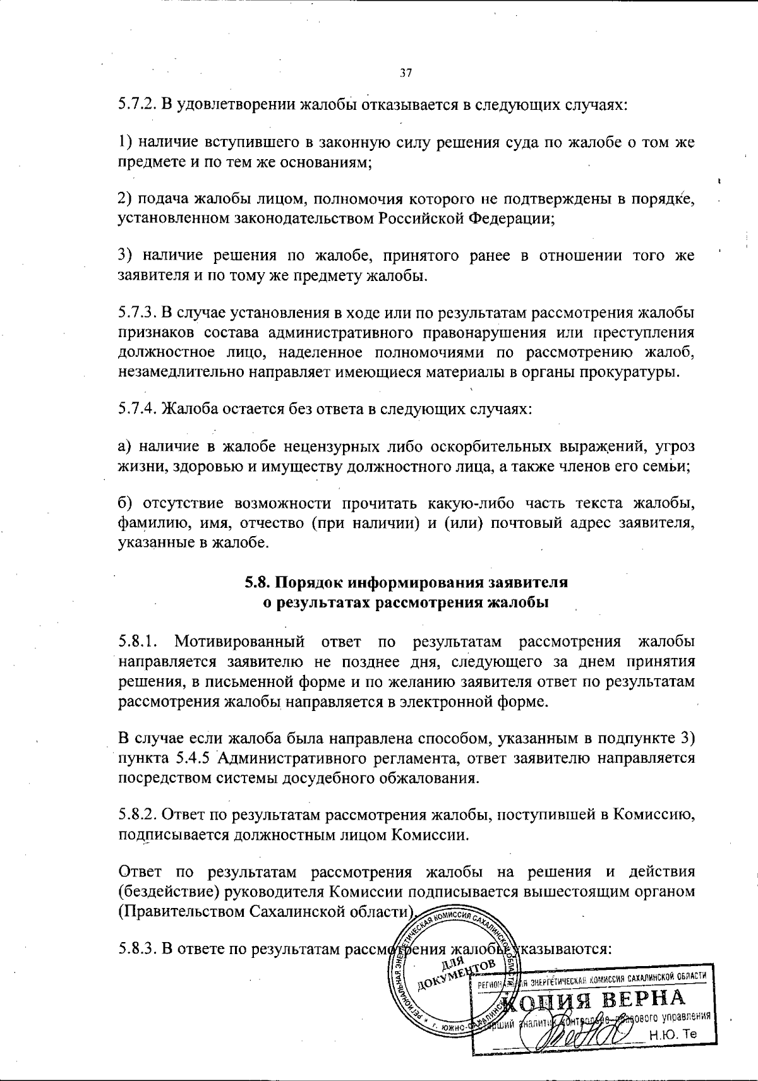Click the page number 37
(x=406, y=73)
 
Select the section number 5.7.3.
(x=137, y=313)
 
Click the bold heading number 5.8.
(x=259, y=582)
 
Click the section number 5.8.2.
(x=137, y=815)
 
